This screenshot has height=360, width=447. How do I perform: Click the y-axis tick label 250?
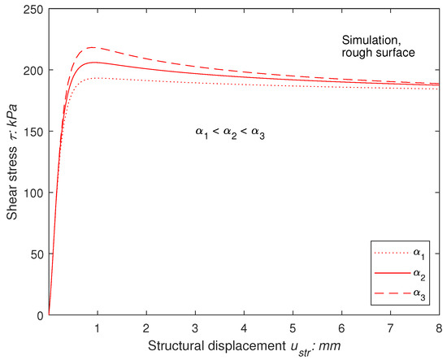pos(34,9)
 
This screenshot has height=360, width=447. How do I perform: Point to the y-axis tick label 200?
pos(34,70)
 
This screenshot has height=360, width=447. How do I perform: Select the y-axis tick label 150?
pos(34,131)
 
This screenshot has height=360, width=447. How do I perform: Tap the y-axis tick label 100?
pos(34,193)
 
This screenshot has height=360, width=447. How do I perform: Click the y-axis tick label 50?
pos(37,254)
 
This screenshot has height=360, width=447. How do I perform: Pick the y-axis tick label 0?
pos(40,314)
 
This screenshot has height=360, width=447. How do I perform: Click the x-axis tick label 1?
pos(98,326)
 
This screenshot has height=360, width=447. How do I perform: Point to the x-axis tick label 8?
pos(438,326)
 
